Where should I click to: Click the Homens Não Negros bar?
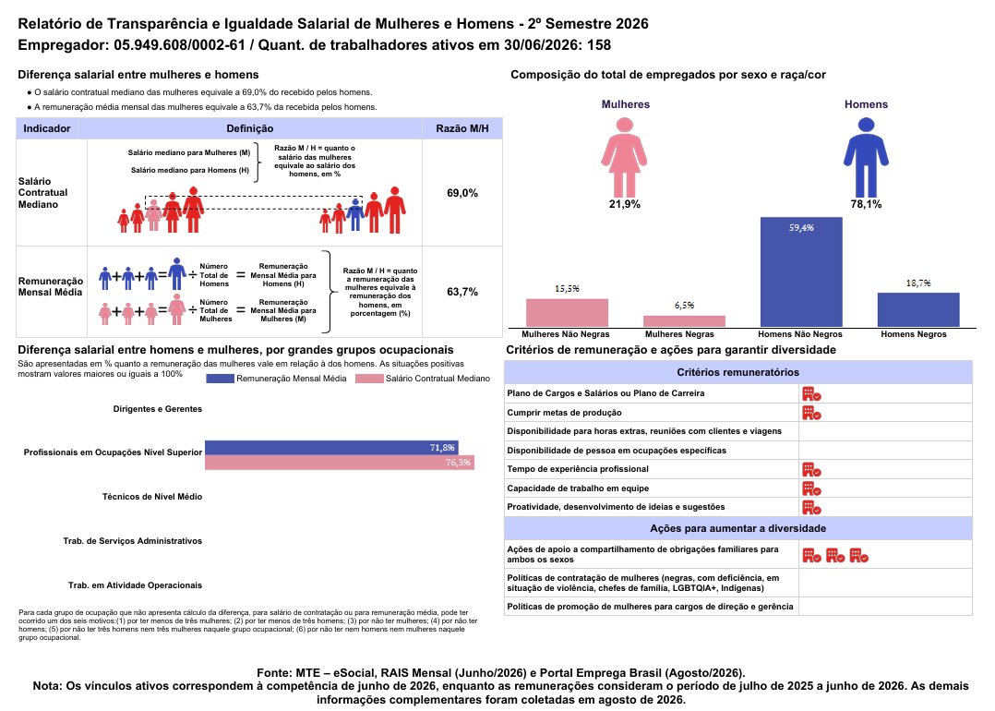[801, 271]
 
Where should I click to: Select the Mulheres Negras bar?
[684, 321]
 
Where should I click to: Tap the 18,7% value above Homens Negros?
[918, 283]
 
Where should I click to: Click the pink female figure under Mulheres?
[624, 157]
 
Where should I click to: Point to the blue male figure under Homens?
[866, 157]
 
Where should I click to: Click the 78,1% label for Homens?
[866, 204]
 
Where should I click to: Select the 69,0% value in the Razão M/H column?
[462, 193]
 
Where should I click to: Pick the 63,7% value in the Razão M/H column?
[462, 292]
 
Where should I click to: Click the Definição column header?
[250, 129]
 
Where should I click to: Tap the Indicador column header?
[47, 129]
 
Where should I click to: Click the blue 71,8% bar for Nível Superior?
[331, 448]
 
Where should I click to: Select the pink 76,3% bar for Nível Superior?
[340, 462]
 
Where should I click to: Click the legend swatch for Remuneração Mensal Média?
[221, 379]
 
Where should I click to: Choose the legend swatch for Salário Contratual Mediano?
[369, 379]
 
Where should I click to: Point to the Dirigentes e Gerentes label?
[157, 409]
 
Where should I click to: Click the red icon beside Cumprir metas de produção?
[811, 414]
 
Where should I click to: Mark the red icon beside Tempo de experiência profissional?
[811, 470]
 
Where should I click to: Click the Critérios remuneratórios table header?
[738, 373]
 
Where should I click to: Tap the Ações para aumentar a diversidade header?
[738, 529]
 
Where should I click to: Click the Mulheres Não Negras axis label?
[566, 334]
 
